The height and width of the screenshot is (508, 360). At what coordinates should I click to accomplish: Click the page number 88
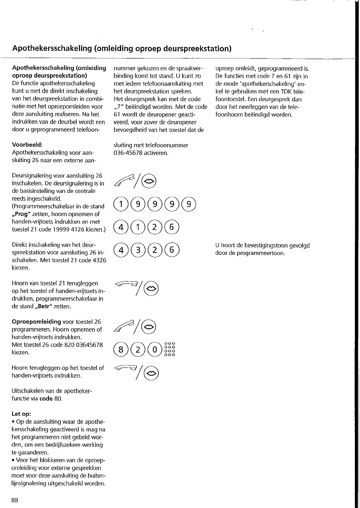(x=15, y=500)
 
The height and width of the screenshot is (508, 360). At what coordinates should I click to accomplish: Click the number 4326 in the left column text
(x=99, y=260)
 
